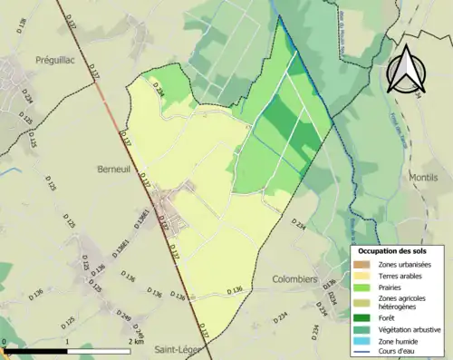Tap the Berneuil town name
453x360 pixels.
pos(116,169)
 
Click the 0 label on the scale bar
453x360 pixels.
pos(5,343)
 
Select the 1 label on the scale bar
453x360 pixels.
pos(68,343)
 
